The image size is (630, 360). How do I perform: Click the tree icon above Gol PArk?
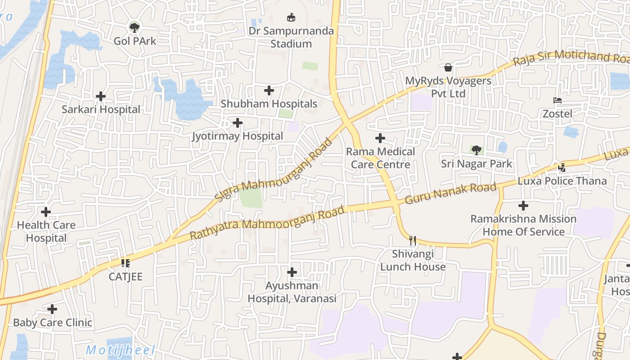click(134, 27)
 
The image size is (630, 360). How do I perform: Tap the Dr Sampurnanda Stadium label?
click(291, 37)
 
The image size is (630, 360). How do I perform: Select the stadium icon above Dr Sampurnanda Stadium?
click(291, 18)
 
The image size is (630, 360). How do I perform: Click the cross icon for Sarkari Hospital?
click(101, 96)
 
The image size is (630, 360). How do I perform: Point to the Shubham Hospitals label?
click(269, 104)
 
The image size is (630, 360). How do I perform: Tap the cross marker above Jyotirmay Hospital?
click(237, 122)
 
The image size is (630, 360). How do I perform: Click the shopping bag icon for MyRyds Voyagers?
click(448, 67)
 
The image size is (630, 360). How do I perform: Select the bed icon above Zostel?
click(557, 100)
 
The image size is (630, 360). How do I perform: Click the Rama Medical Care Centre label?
click(381, 158)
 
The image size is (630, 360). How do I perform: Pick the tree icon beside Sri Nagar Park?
click(476, 150)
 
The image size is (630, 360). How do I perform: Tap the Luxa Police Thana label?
click(562, 181)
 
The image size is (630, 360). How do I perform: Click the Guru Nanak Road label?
click(451, 193)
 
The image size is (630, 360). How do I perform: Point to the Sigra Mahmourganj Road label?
click(274, 170)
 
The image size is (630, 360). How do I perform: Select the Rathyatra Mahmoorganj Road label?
click(267, 223)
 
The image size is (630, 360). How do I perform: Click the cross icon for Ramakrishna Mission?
click(523, 206)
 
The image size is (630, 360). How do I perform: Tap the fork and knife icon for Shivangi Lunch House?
click(413, 240)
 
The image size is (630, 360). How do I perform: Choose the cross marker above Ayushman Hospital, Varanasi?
click(292, 272)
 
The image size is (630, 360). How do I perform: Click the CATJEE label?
click(126, 276)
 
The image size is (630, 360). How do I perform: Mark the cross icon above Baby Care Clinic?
click(52, 309)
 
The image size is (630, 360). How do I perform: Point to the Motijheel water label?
click(121, 350)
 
